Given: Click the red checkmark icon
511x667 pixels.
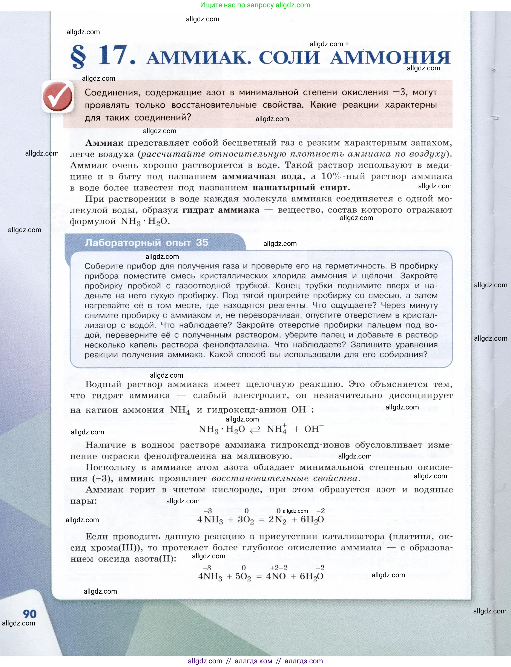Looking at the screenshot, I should point(58,96).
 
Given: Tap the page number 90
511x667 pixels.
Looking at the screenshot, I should point(29,614).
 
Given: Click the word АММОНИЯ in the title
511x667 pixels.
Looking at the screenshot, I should point(390,57).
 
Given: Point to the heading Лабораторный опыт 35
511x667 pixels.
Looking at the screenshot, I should point(146,243).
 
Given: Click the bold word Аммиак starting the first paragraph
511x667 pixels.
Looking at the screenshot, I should point(104,143).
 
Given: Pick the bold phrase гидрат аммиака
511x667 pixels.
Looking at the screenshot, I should point(221,210).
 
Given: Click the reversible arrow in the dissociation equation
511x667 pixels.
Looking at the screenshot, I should point(255,429).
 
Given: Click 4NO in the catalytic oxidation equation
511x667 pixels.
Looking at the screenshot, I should point(276,576).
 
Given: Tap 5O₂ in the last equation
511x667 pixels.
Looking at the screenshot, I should point(243,577).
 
